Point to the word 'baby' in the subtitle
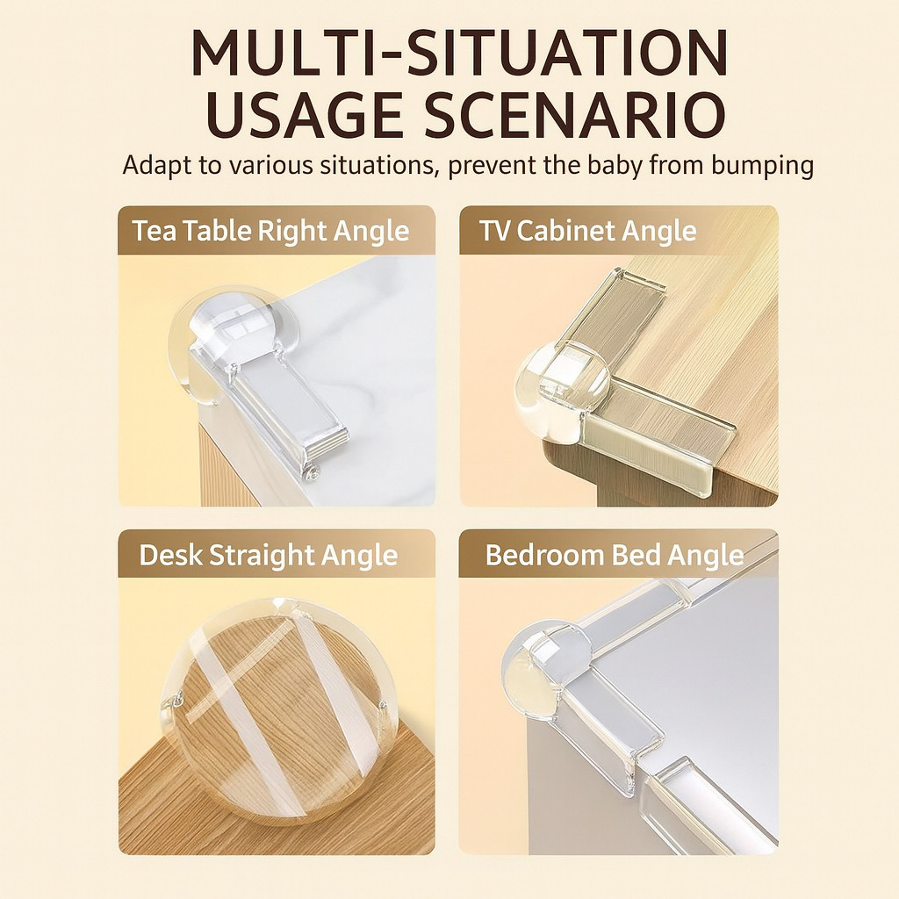(x=615, y=165)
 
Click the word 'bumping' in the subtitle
(x=762, y=167)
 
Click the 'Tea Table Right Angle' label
(x=270, y=232)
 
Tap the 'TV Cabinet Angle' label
(x=587, y=231)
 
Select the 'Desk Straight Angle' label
(x=269, y=556)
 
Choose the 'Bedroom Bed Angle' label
(x=614, y=556)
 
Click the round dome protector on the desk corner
(x=278, y=709)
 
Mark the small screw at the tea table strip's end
(x=312, y=472)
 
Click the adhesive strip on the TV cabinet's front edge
(x=659, y=435)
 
